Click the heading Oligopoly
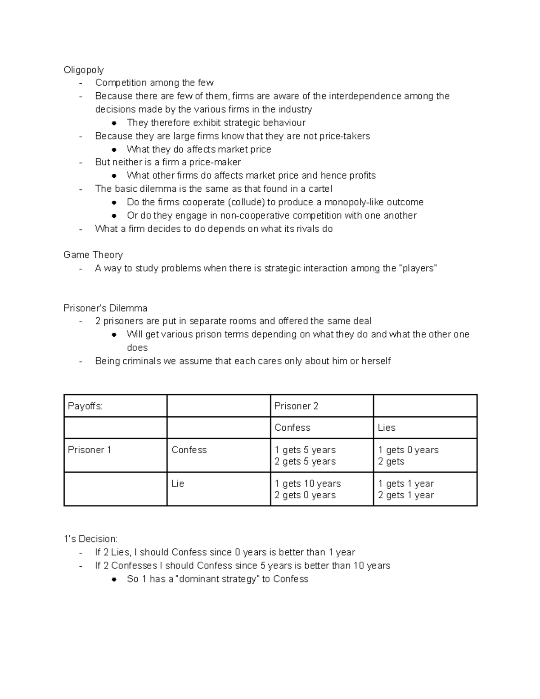click(83, 70)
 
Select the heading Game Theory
click(93, 255)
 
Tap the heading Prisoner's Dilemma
click(105, 308)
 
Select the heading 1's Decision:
click(90, 539)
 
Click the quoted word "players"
click(418, 268)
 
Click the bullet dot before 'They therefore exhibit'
click(115, 123)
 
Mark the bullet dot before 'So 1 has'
click(115, 579)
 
